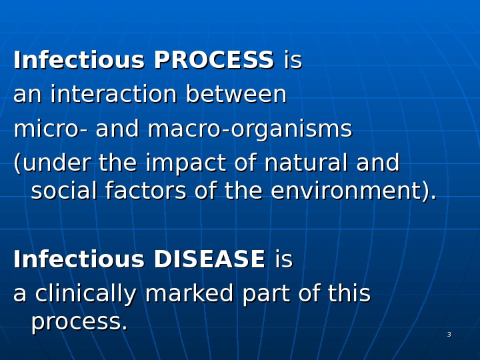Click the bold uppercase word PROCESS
[x=213, y=61]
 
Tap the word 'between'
[x=236, y=95]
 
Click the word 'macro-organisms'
[x=249, y=129]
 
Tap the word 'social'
[x=64, y=191]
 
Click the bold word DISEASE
[x=209, y=260]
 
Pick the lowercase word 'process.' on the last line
[x=79, y=323]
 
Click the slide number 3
[x=449, y=335]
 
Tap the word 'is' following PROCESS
[x=293, y=61]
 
